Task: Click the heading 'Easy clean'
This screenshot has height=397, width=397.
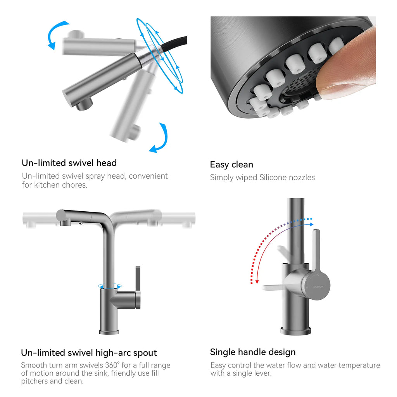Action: (x=231, y=164)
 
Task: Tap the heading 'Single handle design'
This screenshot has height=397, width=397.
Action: (x=253, y=352)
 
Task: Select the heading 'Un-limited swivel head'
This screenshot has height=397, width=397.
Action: (x=69, y=163)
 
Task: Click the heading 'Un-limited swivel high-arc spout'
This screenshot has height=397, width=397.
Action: (x=89, y=353)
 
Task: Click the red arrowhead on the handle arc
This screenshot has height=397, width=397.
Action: (x=257, y=281)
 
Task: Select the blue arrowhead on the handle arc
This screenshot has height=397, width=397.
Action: (x=312, y=224)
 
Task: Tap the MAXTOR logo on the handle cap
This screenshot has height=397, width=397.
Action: (x=318, y=287)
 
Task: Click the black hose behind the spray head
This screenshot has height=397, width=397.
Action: (x=175, y=43)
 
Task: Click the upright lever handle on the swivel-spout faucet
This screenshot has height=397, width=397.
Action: (x=138, y=287)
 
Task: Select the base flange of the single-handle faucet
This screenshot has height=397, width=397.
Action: (x=296, y=331)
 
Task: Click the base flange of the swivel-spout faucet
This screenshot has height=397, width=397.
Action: (x=109, y=332)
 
